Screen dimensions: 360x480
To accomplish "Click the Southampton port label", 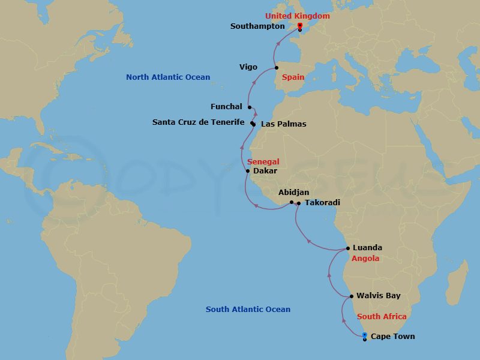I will [257, 26].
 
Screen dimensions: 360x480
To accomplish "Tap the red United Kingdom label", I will [298, 16].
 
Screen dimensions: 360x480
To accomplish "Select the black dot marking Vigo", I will [277, 67].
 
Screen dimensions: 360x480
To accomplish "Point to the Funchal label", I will [226, 107].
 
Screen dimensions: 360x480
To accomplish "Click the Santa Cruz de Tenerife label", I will [198, 122].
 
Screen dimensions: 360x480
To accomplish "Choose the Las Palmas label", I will [284, 124].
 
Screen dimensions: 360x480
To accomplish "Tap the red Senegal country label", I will [263, 162].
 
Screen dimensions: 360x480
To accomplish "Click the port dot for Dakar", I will [248, 171].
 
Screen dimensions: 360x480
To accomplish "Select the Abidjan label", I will [294, 193].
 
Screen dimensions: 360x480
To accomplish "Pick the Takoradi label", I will [322, 203].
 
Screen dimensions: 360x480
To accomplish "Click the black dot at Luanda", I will [348, 248].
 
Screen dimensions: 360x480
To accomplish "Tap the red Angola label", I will [365, 259].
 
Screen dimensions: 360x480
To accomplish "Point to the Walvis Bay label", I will [378, 296].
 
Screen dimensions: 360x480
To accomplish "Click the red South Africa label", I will [382, 316].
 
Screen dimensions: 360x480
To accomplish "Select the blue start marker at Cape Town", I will [365, 335].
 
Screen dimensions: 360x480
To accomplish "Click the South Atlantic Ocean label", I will [248, 310].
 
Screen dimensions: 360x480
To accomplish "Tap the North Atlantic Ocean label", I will [168, 77].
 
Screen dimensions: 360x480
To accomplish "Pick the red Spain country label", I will [293, 77].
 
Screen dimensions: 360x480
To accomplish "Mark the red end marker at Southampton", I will [299, 25].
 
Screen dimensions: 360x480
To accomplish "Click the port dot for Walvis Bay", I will [352, 296].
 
